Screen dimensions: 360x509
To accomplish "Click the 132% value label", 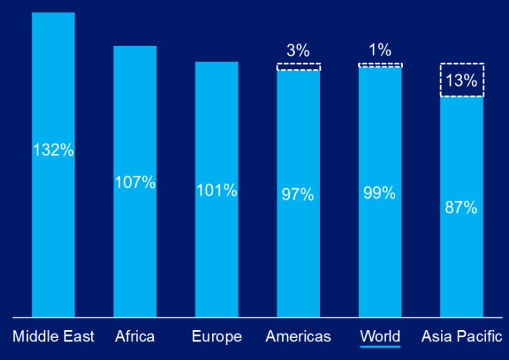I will (x=53, y=151).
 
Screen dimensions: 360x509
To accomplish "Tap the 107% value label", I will (x=135, y=183).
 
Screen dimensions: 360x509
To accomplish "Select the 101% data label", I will (x=216, y=190).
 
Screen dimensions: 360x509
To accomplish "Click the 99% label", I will (x=380, y=193).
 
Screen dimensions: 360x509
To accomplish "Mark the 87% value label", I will (x=462, y=207).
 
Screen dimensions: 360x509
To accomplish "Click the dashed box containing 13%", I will (x=462, y=80).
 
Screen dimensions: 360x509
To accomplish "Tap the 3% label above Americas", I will (x=298, y=51).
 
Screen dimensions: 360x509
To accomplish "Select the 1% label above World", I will (x=380, y=51).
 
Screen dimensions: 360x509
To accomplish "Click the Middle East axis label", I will (x=53, y=336).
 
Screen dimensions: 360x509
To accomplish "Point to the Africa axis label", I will (x=135, y=336).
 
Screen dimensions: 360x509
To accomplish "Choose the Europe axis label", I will (x=216, y=336).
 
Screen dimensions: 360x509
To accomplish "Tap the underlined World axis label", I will (x=380, y=336).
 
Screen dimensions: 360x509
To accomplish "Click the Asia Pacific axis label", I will (x=462, y=336).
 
